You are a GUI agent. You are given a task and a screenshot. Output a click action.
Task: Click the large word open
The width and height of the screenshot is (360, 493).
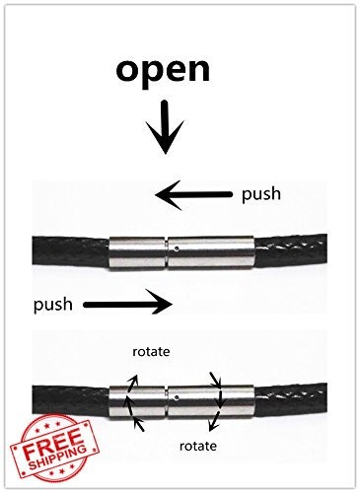click(x=163, y=71)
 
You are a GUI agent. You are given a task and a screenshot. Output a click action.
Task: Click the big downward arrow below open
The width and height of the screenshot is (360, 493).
click(x=165, y=127)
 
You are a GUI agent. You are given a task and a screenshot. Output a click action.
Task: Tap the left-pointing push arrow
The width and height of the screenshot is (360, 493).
click(x=193, y=195)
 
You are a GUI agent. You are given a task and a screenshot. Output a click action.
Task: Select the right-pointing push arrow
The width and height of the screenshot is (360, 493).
click(x=128, y=305)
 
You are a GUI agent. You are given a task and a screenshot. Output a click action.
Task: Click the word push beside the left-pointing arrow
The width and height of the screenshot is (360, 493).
click(x=261, y=194)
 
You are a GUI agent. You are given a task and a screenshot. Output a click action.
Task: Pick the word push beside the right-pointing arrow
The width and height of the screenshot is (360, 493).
click(x=53, y=305)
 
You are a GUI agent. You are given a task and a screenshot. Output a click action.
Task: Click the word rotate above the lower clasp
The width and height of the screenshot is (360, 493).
click(x=151, y=352)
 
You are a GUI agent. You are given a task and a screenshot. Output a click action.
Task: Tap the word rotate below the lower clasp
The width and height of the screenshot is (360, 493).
click(x=198, y=446)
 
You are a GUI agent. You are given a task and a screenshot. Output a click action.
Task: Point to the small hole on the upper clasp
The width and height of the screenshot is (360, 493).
click(x=178, y=249)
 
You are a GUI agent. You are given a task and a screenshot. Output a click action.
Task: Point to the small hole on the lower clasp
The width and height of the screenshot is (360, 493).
click(x=178, y=397)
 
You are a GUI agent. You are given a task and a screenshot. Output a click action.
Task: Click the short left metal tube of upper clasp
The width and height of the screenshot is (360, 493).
click(x=137, y=252)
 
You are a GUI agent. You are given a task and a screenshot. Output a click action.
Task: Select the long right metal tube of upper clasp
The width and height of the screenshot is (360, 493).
click(x=211, y=252)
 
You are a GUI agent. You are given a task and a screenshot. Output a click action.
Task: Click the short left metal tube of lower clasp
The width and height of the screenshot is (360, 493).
click(x=137, y=401)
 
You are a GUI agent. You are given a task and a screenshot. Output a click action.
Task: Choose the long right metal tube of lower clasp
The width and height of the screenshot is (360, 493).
click(x=211, y=401)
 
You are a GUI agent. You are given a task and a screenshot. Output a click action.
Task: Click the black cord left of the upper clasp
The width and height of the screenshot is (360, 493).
click(x=71, y=252)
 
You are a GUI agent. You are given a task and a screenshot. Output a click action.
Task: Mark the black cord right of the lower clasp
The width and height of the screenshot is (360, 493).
click(x=291, y=401)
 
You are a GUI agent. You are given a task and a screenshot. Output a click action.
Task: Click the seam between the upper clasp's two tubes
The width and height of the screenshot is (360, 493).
click(x=167, y=253)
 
